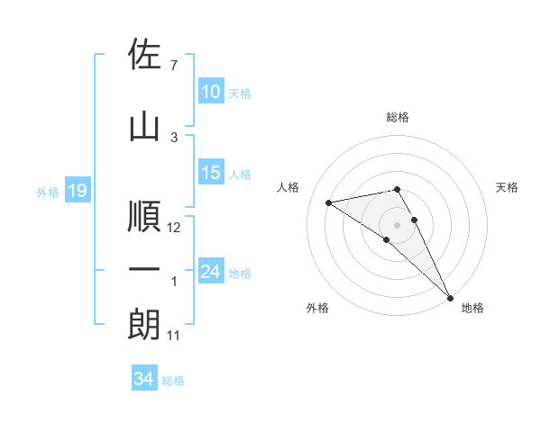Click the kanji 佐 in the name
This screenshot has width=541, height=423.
click(x=144, y=54)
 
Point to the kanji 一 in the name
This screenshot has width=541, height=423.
click(x=144, y=270)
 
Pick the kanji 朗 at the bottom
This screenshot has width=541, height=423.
click(x=144, y=324)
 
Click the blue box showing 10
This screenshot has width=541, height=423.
click(x=211, y=92)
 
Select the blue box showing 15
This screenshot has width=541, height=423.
click(x=211, y=173)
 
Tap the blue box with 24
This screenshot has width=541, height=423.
click(x=211, y=272)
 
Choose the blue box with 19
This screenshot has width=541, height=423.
click(x=78, y=191)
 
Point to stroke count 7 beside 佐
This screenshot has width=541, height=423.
click(x=173, y=66)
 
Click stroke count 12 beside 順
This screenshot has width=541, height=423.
click(x=175, y=228)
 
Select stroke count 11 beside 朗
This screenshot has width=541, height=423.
click(x=174, y=336)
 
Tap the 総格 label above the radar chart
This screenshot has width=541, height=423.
click(x=398, y=117)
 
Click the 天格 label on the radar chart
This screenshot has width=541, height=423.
click(x=508, y=187)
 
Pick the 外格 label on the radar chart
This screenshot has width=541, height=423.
click(x=317, y=308)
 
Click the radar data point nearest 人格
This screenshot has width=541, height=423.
click(x=329, y=202)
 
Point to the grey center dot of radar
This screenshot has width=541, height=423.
click(x=398, y=224)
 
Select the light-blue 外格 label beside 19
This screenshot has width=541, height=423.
click(x=47, y=192)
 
